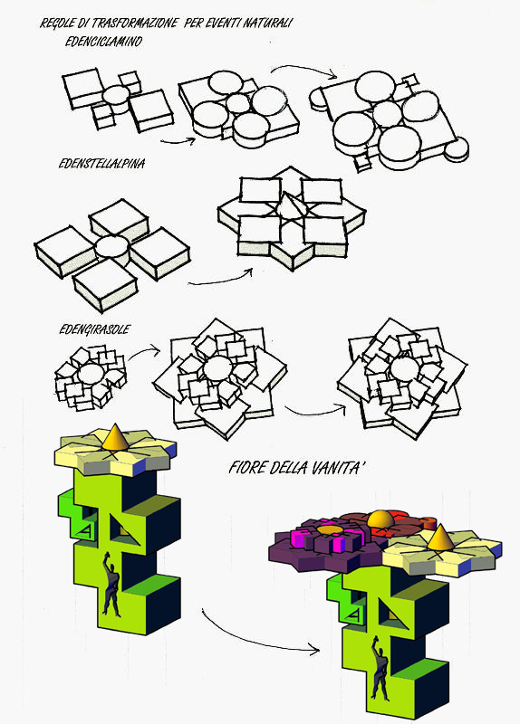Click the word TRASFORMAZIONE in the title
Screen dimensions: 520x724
pyautogui.click(x=135, y=23)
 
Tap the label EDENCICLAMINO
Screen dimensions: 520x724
pyautogui.click(x=103, y=42)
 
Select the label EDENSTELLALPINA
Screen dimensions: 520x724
pyautogui.click(x=101, y=164)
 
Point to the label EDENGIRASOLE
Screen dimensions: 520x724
pyautogui.click(x=95, y=329)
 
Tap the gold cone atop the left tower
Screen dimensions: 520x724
pyautogui.click(x=116, y=437)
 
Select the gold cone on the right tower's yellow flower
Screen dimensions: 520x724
pyautogui.click(x=439, y=538)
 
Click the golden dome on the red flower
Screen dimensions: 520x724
pyautogui.click(x=380, y=519)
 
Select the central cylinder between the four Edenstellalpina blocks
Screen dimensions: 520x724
pyautogui.click(x=111, y=250)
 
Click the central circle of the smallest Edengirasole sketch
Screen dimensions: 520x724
pyautogui.click(x=91, y=374)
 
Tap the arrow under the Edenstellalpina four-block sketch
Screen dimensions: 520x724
pyautogui.click(x=219, y=280)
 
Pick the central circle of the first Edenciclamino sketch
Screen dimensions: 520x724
pyautogui.click(x=116, y=95)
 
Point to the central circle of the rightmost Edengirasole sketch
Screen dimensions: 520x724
pyautogui.click(x=403, y=369)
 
